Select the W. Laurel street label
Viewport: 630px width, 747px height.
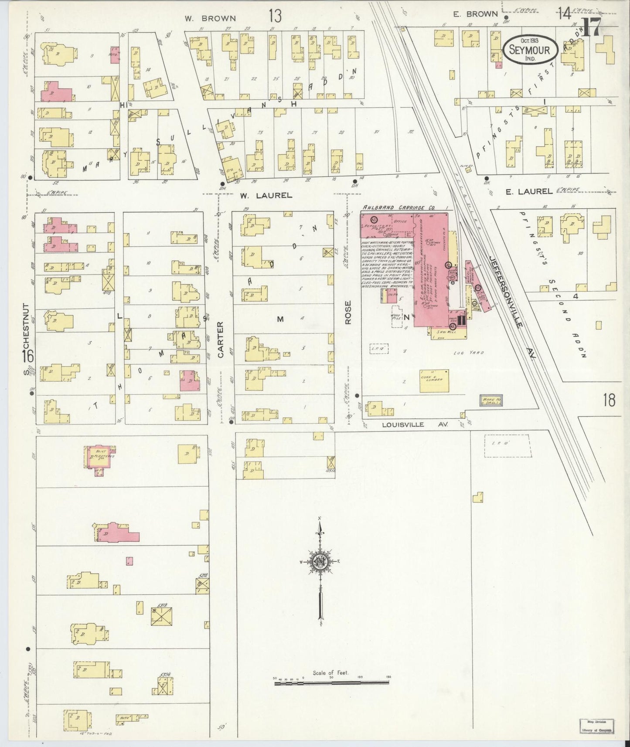[266, 196]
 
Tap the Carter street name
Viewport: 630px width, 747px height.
[221, 340]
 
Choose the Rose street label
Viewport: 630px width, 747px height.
[348, 312]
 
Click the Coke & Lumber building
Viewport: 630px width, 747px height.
[435, 381]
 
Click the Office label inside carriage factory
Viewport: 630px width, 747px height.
[400, 221]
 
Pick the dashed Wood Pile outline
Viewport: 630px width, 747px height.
[396, 319]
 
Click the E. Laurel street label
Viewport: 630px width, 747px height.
[529, 190]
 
